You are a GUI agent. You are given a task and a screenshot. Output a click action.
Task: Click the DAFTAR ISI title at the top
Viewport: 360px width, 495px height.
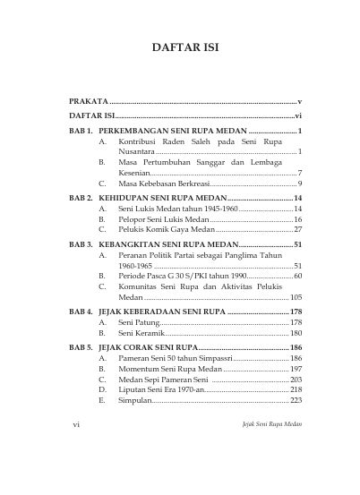pos(180,46)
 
